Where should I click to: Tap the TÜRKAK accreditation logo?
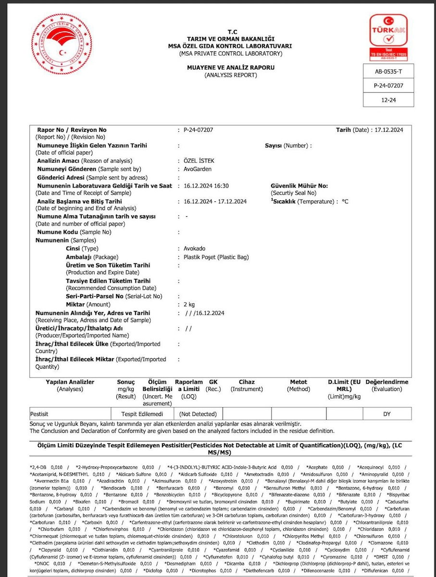388,37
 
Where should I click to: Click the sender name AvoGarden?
198,169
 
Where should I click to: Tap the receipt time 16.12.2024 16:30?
206,186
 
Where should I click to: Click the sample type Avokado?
194,249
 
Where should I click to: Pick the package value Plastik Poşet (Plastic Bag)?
216,257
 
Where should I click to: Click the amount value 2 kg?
189,304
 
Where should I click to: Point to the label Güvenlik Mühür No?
299,186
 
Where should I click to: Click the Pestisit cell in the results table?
39,414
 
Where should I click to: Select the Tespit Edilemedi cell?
144,414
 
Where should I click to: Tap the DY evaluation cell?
386,414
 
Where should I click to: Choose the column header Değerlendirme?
386,382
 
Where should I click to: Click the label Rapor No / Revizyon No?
72,130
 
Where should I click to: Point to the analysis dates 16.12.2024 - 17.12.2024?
215,201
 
